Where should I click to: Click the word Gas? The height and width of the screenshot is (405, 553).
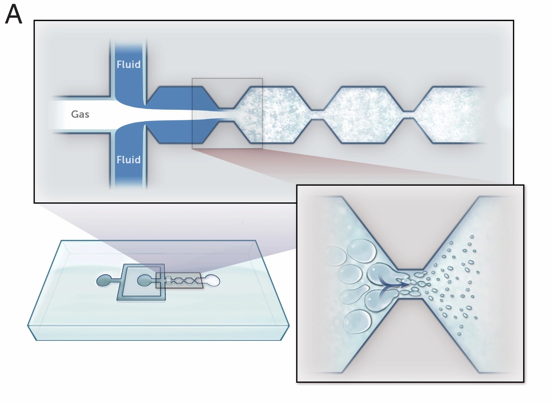coord(80,114)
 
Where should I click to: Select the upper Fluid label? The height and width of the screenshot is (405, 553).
coord(129,65)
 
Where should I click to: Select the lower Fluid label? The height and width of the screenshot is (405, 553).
coord(129,160)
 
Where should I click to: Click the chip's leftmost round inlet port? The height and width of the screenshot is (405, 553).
coord(103,281)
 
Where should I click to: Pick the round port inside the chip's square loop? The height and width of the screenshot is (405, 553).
coord(144,281)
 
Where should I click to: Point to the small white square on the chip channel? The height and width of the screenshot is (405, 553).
coord(168,279)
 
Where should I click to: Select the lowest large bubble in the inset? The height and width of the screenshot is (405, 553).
coord(357,322)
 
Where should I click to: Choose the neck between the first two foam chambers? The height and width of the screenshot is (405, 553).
coord(317,115)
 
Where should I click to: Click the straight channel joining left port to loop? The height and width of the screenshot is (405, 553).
coord(116,280)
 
